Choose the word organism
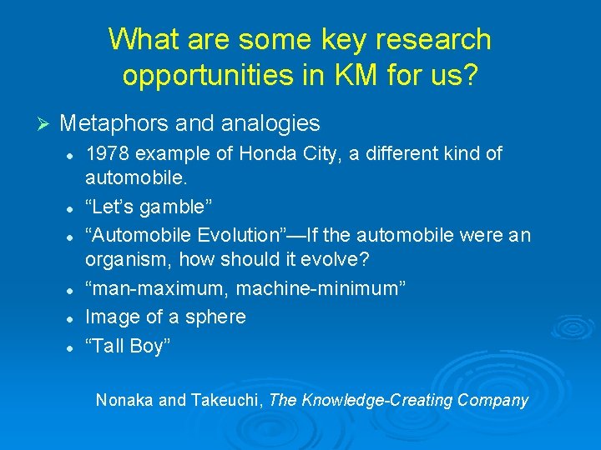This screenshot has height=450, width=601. click(x=125, y=259)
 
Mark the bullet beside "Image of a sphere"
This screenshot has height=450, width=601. click(x=73, y=317)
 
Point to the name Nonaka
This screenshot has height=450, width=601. click(x=124, y=400)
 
